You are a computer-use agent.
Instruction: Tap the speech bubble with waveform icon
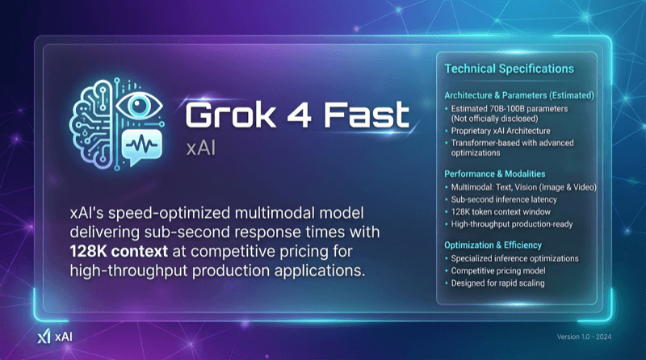[x=142, y=146]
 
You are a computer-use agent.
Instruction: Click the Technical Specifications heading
[x=510, y=69]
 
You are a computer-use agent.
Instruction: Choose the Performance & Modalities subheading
[x=495, y=174]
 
